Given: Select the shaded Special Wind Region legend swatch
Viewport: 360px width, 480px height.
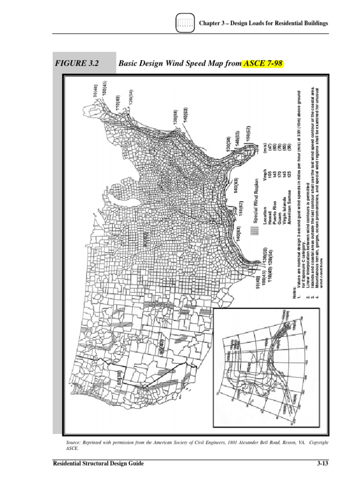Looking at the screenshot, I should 255,231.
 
